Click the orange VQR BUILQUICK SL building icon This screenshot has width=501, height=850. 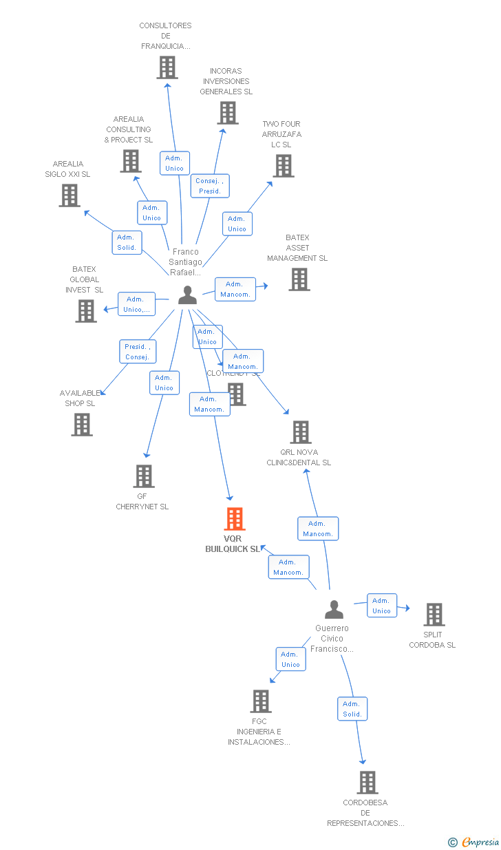point(235,519)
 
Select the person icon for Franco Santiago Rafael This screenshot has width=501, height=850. point(187,295)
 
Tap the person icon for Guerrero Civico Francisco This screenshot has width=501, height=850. point(334,610)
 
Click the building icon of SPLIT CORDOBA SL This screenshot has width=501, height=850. point(434,614)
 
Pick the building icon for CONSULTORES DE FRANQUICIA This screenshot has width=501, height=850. point(167,67)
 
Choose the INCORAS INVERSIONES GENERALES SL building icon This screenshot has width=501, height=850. point(228,113)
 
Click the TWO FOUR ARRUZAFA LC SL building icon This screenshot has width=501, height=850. point(283,166)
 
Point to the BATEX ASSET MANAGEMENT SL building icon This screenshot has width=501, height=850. point(299,279)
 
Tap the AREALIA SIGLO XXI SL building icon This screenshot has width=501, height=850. point(69,195)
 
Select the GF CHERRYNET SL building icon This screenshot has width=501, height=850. point(143,476)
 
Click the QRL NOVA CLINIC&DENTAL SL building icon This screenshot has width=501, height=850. point(300,432)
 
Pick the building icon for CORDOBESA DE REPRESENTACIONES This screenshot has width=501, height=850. point(367,783)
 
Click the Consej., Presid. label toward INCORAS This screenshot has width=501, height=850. point(209,186)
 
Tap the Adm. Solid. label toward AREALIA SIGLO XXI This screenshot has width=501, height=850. point(127,242)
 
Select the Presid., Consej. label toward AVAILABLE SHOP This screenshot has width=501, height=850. point(138,352)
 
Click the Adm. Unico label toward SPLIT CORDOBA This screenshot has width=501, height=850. point(381,606)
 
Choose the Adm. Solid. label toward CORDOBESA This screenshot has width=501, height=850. point(352,709)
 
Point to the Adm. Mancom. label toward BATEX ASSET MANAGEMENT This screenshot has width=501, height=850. point(235,289)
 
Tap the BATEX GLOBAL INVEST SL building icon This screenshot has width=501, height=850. point(86,311)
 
